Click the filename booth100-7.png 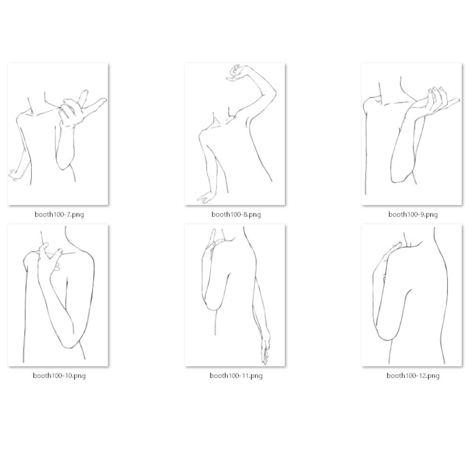pyautogui.click(x=59, y=214)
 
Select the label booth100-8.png pyautogui.click(x=236, y=214)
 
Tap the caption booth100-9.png pyautogui.click(x=413, y=214)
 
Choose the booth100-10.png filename pyautogui.click(x=59, y=376)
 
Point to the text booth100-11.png pyautogui.click(x=236, y=376)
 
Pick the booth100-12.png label pyautogui.click(x=413, y=376)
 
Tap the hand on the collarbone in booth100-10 pyautogui.click(x=50, y=256)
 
